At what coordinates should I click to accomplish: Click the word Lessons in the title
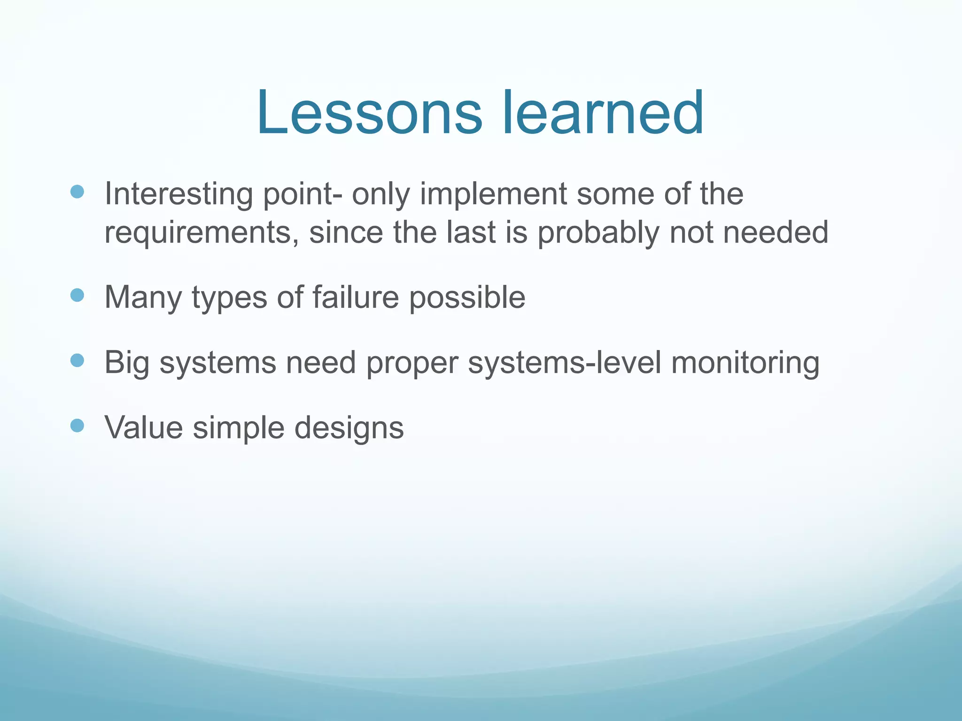click(x=369, y=113)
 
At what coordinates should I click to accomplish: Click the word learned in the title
click(x=603, y=113)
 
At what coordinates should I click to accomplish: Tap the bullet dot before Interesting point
click(x=77, y=192)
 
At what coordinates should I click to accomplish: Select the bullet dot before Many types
click(x=77, y=295)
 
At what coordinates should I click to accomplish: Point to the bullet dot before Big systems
click(x=77, y=360)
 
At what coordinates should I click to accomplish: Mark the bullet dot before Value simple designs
click(x=77, y=426)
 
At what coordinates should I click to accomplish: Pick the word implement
click(x=493, y=194)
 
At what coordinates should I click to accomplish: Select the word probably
click(x=598, y=233)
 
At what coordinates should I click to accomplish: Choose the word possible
click(x=467, y=298)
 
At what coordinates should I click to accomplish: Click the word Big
click(x=127, y=363)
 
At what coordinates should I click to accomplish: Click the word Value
click(x=144, y=428)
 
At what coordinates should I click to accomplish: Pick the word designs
click(x=349, y=429)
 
